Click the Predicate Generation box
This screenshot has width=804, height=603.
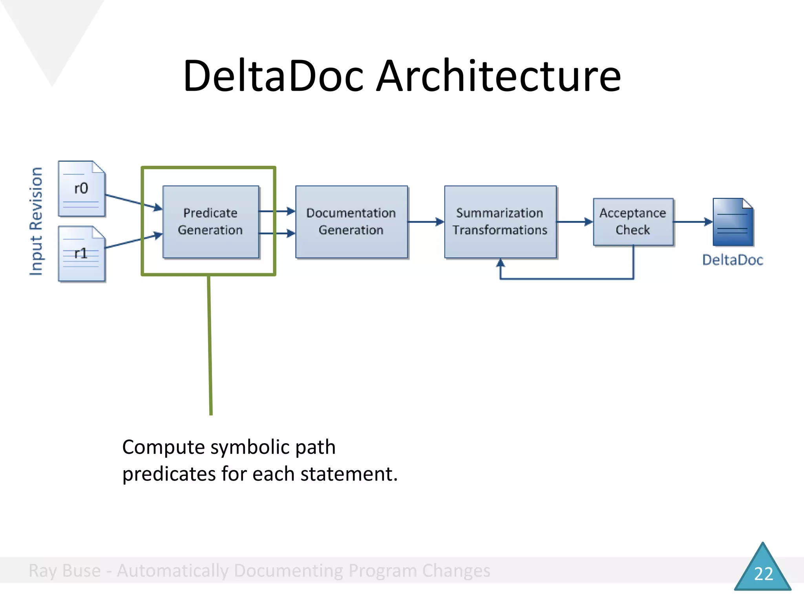(x=211, y=222)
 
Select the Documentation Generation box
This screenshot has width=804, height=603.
(x=351, y=222)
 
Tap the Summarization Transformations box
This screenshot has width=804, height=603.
(x=500, y=222)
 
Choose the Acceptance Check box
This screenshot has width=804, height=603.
(x=633, y=222)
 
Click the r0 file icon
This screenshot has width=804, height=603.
(x=81, y=189)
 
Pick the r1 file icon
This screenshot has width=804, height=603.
(x=81, y=254)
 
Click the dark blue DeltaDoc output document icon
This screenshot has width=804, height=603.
(x=733, y=222)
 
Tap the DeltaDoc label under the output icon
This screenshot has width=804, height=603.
(x=733, y=260)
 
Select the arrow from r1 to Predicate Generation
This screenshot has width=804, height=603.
(x=133, y=241)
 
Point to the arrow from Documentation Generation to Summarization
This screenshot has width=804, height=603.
(x=426, y=222)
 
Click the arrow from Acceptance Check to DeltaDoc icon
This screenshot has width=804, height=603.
(x=693, y=222)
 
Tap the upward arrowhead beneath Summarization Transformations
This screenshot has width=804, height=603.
(x=500, y=263)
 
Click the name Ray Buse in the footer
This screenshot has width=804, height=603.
(x=65, y=570)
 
